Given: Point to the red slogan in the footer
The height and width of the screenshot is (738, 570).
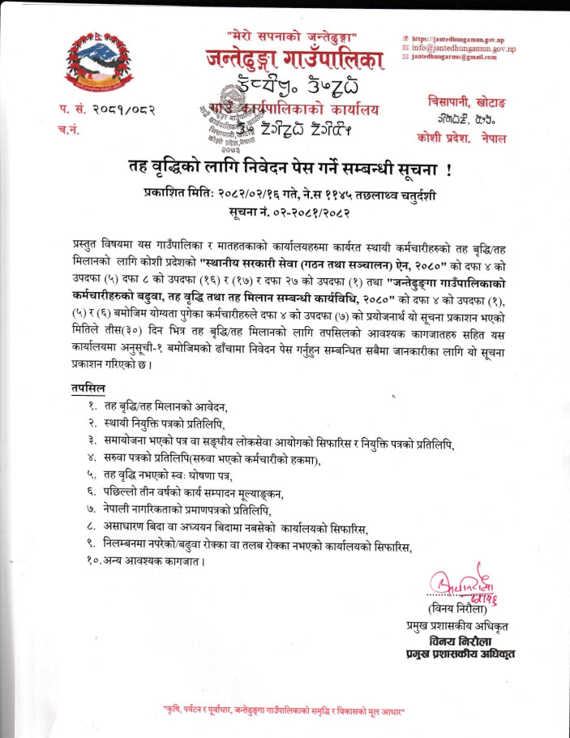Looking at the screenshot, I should pos(285,710).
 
